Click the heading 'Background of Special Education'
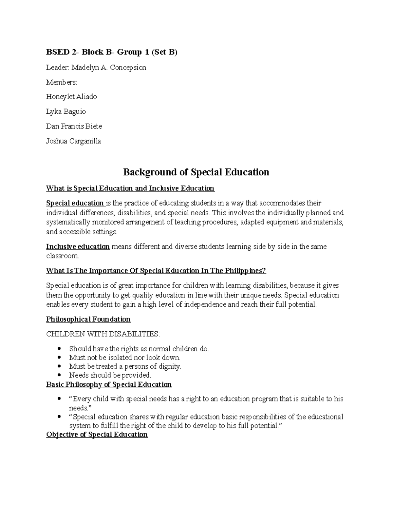click(x=196, y=172)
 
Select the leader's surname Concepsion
click(x=128, y=68)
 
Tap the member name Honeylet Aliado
click(x=71, y=97)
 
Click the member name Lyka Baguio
click(x=66, y=111)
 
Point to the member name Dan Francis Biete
click(x=74, y=126)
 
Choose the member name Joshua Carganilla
click(x=73, y=141)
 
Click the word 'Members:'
click(x=62, y=82)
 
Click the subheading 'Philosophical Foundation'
click(x=88, y=319)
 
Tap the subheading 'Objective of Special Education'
click(x=97, y=435)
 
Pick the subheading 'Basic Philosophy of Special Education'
click(x=109, y=384)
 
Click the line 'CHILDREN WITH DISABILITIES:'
click(x=103, y=334)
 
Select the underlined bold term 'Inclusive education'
click(x=78, y=246)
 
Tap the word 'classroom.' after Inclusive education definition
click(x=63, y=256)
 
